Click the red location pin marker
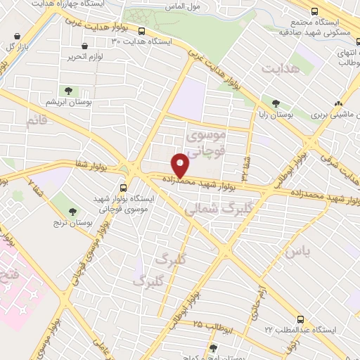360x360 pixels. pos(181,165)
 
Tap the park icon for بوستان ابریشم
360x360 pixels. pos(69,90)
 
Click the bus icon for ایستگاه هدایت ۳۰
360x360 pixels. pos(142,32)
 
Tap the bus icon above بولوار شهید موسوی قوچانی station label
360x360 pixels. pos(124,188)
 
